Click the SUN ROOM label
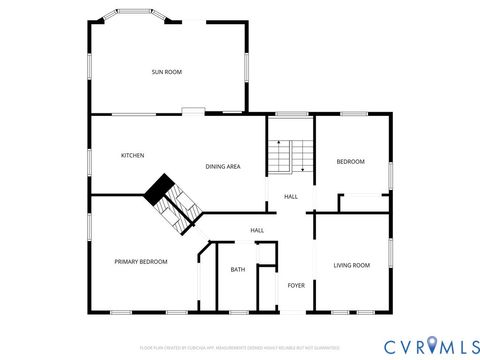[x=166, y=72]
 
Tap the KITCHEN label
[x=133, y=155]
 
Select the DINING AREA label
[x=222, y=166]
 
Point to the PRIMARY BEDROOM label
[x=141, y=261]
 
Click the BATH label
[x=238, y=269]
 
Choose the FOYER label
[x=296, y=285]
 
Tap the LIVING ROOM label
[x=351, y=265]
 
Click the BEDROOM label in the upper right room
[x=350, y=162]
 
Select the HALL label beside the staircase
[x=290, y=196]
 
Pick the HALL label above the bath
[x=257, y=231]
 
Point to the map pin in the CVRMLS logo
[x=432, y=345]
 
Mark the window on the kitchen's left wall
[x=90, y=158]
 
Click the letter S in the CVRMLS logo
[x=468, y=345]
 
